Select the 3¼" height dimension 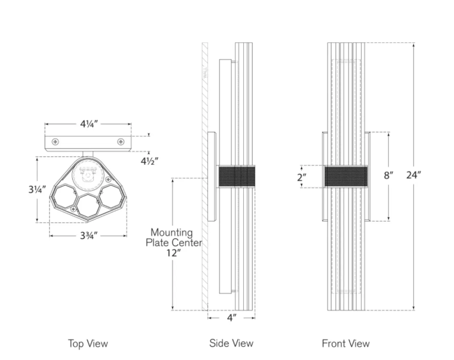[x=37, y=189]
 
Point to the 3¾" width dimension [x=88, y=235]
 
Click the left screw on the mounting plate [x=55, y=142]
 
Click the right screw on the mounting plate [x=120, y=142]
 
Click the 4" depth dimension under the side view [x=231, y=318]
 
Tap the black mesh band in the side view [x=236, y=176]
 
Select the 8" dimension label [x=388, y=176]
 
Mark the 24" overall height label [x=413, y=176]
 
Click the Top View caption [x=88, y=343]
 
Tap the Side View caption [x=231, y=343]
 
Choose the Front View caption [x=345, y=343]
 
